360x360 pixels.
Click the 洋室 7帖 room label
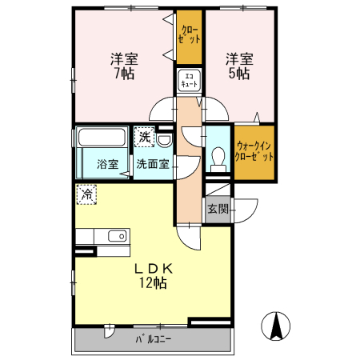coord(124,66)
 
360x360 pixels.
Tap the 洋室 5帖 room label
coord(239,66)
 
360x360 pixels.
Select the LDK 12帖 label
coord(154,276)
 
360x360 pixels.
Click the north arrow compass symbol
coord(275,326)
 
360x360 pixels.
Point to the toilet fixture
coord(218,159)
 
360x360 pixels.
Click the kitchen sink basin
coord(117,236)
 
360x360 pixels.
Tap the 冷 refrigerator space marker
coord(86,194)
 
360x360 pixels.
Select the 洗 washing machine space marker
coord(144,137)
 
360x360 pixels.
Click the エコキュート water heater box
coord(189,80)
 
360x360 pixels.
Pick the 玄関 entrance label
coord(218,209)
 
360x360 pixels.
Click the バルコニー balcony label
coord(154,339)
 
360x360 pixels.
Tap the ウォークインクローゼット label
coord(254,151)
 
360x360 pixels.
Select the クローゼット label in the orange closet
coord(189,34)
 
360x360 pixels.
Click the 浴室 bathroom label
coord(108,164)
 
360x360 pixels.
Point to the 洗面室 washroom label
coord(153,164)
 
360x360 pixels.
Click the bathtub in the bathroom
coord(102,137)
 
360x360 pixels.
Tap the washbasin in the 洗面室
coord(164,141)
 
